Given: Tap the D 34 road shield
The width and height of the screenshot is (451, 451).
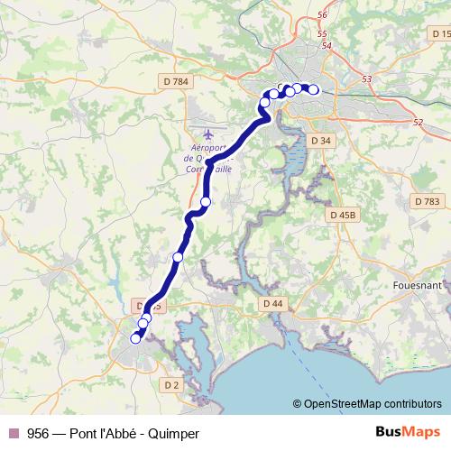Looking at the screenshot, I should [321, 141].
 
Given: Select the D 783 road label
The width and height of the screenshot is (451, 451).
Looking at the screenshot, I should [428, 201].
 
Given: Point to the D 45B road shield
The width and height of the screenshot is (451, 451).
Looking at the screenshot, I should [343, 215].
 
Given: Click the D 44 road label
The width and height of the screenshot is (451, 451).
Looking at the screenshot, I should [272, 304].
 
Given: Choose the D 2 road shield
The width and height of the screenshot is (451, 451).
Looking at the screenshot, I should [171, 385].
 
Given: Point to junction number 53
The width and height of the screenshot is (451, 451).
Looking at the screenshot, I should [366, 79].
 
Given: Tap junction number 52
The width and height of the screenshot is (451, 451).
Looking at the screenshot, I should [416, 123].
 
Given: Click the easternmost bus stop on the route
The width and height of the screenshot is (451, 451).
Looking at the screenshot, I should [313, 89].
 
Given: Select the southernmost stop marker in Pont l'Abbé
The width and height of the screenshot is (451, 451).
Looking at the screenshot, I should [136, 338].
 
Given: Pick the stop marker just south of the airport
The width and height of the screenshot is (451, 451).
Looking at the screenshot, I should [206, 202].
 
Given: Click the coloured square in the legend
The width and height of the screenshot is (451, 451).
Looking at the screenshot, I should [13, 433].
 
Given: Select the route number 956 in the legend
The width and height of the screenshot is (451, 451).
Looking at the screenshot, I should [38, 433].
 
